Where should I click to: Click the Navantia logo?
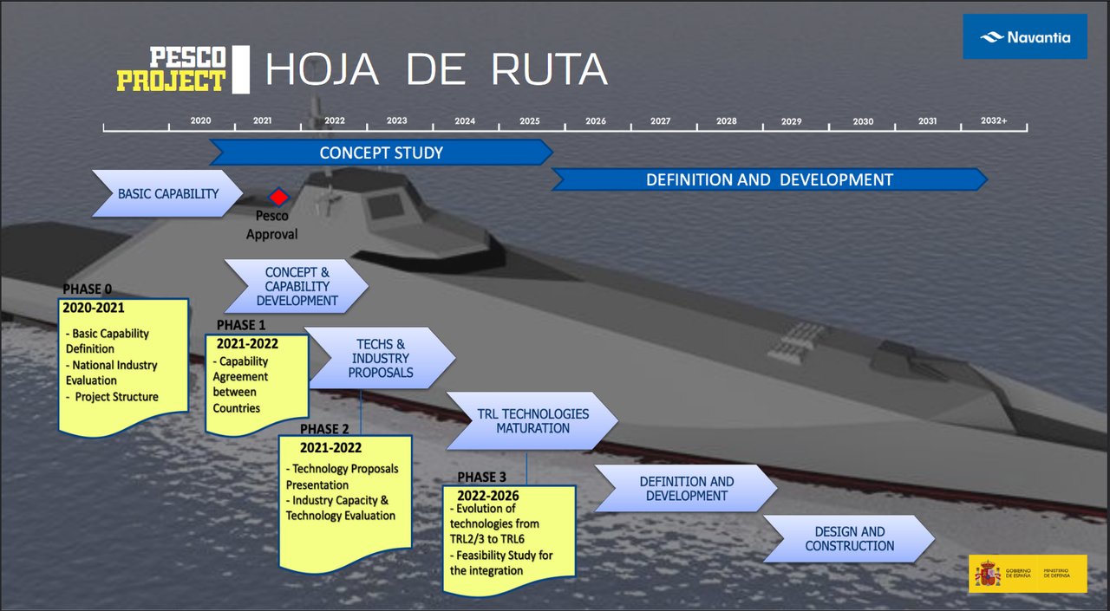[x=1025, y=37]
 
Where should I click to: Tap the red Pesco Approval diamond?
[x=278, y=198]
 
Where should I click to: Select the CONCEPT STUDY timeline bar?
[x=381, y=153]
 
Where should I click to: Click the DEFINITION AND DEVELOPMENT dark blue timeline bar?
[x=769, y=180]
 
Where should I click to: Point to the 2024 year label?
[x=465, y=121]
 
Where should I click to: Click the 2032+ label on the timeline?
[x=993, y=121]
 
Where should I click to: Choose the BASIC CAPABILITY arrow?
[x=167, y=193]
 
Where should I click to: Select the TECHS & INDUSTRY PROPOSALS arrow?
[x=381, y=358]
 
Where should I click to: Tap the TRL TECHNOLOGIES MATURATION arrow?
[x=532, y=420]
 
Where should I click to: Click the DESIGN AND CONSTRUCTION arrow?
[x=849, y=538]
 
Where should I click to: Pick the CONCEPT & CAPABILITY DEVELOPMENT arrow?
[x=297, y=286]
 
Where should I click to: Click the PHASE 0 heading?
[x=88, y=289]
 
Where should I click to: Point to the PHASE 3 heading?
[x=481, y=478]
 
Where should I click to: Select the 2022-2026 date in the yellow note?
[x=488, y=496]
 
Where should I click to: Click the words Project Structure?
[x=116, y=397]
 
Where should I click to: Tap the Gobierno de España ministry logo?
[x=1027, y=574]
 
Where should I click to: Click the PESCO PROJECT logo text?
[x=172, y=69]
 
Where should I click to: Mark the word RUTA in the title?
[x=549, y=70]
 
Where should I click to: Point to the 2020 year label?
[x=200, y=121]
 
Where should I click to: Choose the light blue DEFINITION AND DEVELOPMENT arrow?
[x=686, y=488]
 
